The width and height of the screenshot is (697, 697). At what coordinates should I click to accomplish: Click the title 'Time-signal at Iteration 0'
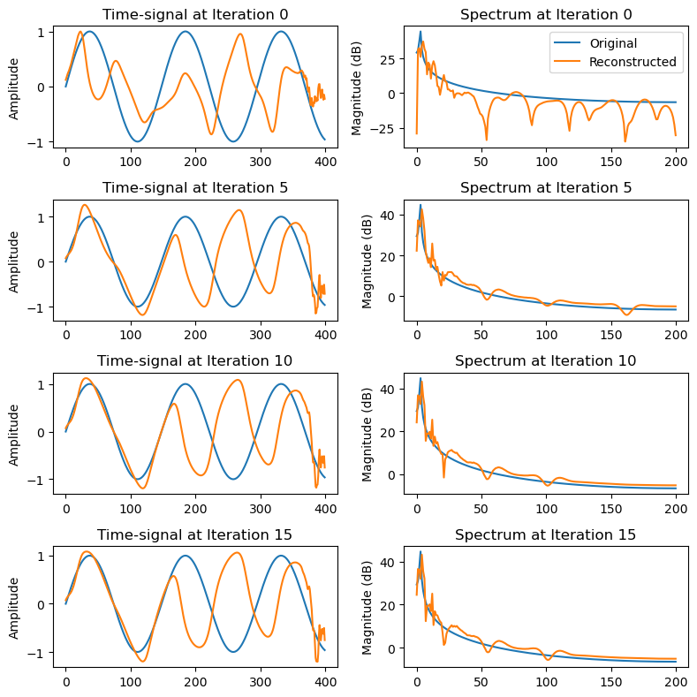[x=195, y=14]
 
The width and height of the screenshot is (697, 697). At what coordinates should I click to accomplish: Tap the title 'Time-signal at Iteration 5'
[x=195, y=187]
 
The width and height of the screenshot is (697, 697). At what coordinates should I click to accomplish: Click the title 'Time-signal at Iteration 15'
[x=195, y=534]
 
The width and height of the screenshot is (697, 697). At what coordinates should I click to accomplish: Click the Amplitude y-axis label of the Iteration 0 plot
[x=14, y=87]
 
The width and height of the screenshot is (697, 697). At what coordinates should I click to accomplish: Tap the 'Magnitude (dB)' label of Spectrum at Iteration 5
[x=367, y=260]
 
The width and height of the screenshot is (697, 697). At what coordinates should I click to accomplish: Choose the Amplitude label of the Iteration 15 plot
[x=14, y=606]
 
